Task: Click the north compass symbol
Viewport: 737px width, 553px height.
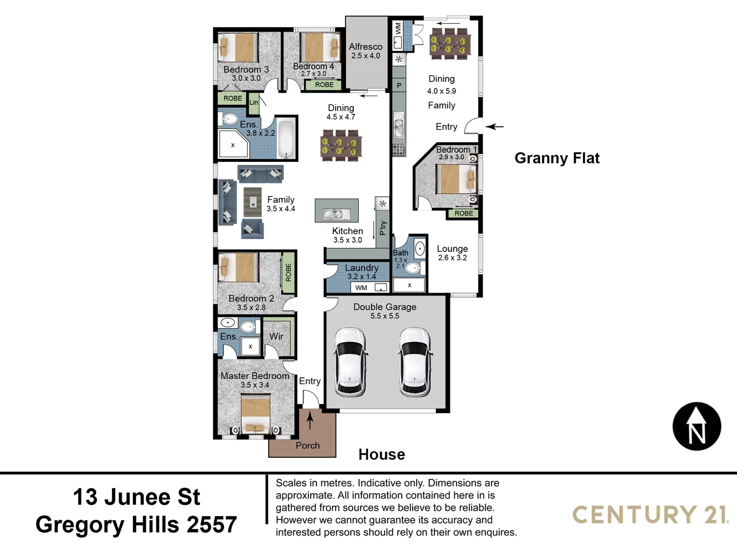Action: (x=697, y=427)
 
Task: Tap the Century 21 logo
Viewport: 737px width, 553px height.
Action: (x=650, y=515)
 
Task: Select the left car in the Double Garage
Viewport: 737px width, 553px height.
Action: (x=351, y=362)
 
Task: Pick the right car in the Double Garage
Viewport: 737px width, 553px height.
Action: (x=415, y=362)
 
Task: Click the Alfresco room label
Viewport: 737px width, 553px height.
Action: (x=365, y=47)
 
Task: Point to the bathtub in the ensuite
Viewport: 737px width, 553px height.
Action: (x=287, y=139)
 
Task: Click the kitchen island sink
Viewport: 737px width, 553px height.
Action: (x=336, y=214)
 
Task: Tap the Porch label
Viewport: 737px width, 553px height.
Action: (x=308, y=445)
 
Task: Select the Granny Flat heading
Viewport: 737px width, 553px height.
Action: (x=557, y=158)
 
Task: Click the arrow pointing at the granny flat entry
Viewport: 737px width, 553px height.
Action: (x=494, y=126)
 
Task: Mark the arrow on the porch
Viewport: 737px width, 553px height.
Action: (x=310, y=420)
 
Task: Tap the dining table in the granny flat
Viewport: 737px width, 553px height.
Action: (x=449, y=41)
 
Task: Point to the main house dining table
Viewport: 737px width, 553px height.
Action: (x=340, y=145)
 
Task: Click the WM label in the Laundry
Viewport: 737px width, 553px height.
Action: (x=361, y=288)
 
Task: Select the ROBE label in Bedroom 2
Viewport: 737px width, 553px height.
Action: (x=288, y=272)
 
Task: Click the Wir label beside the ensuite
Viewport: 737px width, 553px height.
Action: (x=276, y=336)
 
